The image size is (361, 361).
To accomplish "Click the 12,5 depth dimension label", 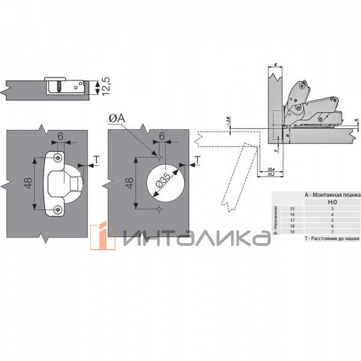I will (106, 87).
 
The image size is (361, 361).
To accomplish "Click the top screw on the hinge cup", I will (57, 158).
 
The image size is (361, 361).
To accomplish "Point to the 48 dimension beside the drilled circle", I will (128, 184).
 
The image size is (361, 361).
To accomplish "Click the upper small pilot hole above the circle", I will (158, 158).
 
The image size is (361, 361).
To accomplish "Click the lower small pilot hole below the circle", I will (158, 209).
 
